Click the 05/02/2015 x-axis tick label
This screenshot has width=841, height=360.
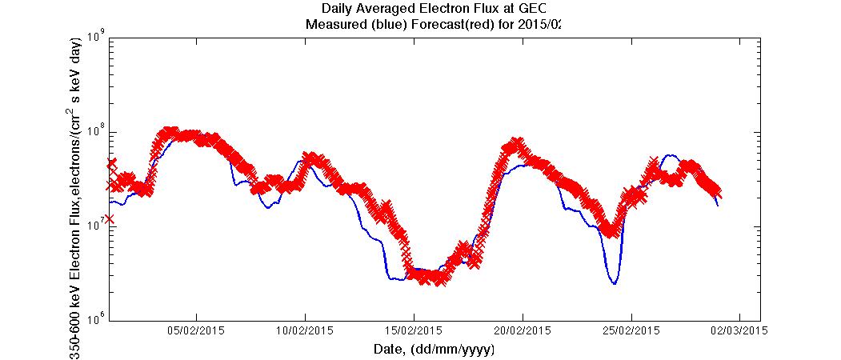[x=196, y=330]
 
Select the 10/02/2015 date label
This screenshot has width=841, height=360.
[x=305, y=330]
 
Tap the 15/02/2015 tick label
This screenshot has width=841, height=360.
[x=413, y=330]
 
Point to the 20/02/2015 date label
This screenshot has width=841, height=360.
[x=522, y=330]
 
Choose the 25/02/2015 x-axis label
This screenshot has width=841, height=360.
[x=630, y=330]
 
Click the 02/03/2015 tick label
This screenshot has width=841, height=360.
[x=738, y=330]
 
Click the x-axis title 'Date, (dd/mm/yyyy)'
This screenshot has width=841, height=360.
[x=434, y=349]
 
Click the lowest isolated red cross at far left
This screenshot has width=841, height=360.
[x=109, y=218]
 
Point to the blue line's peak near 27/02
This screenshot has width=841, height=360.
[x=669, y=155]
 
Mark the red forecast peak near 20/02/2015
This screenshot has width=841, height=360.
[x=517, y=143]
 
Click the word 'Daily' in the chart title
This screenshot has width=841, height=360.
[x=337, y=10]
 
